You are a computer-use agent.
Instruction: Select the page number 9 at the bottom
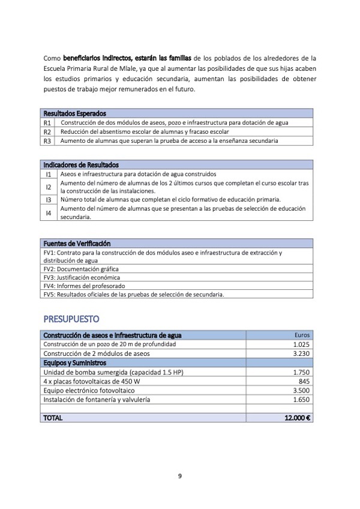pos(180,476)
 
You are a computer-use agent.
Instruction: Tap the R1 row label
pos(47,122)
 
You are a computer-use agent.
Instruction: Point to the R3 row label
pos(47,141)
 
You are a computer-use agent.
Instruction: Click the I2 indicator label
pos(49,187)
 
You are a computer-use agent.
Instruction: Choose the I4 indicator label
pos(49,212)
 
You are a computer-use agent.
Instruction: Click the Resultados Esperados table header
pos(74,113)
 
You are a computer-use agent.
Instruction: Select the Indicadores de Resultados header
pos(81,164)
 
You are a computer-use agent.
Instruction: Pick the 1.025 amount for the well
pos(301,345)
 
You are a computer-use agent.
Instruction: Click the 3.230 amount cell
pos(301,354)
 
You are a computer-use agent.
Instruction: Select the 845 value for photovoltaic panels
pos(304,381)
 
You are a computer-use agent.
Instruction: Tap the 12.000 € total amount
pos(297,418)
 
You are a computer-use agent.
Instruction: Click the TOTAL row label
pos(53,418)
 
